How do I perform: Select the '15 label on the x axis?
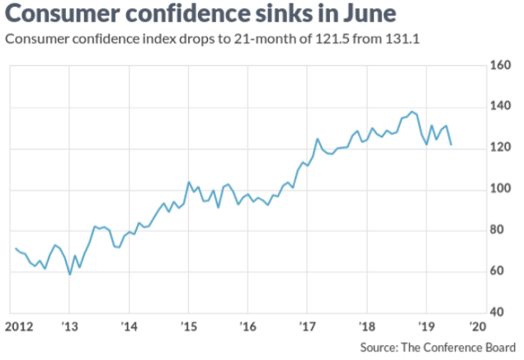coord(188,324)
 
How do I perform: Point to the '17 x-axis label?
coord(307,324)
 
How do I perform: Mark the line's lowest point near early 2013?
coord(70,273)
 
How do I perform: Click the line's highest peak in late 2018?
coord(412,111)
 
